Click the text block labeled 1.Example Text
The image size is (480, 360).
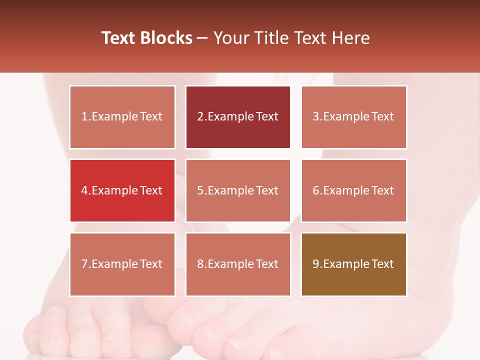tap(122, 117)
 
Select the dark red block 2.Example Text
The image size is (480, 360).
tap(238, 117)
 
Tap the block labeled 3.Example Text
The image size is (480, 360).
tap(353, 117)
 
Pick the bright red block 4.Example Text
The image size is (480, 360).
tap(122, 190)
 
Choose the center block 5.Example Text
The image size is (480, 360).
tap(238, 190)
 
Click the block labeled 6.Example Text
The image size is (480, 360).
tap(353, 190)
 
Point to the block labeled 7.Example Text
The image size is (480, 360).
tap(122, 264)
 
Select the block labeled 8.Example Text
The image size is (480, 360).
tap(238, 264)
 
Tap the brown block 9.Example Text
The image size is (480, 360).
tap(353, 264)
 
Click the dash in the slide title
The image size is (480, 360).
tap(202, 38)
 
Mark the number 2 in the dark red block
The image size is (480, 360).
tap(200, 117)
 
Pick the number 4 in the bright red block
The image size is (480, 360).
tap(84, 190)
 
